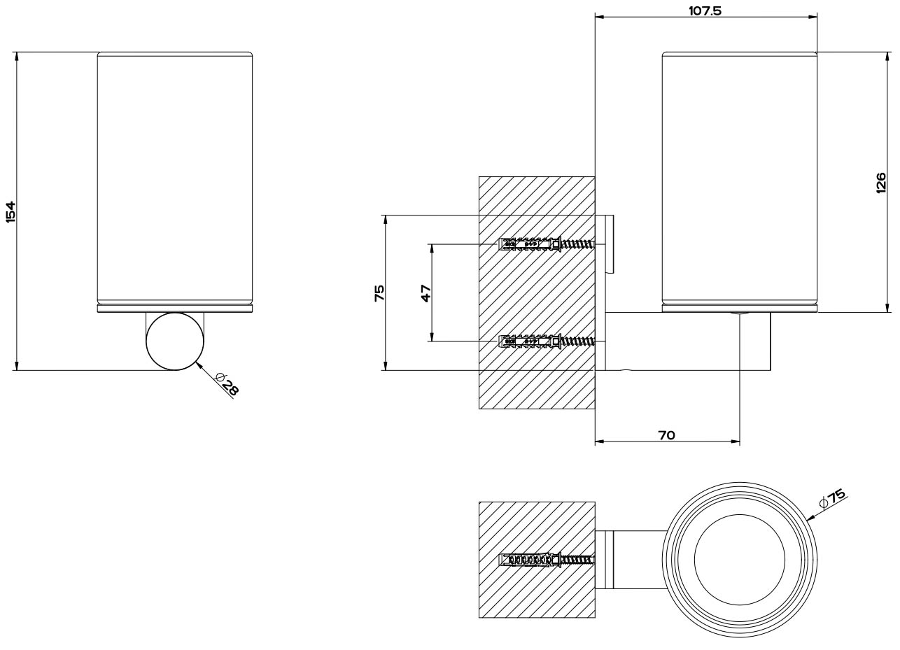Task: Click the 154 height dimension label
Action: tap(10, 211)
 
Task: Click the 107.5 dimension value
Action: tap(705, 10)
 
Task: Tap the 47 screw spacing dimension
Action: tap(425, 292)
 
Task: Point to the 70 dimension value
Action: tap(666, 435)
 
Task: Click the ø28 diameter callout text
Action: tap(227, 385)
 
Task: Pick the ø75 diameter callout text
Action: tap(833, 498)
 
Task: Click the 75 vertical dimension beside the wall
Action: tap(379, 292)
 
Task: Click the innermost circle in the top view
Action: tap(739, 560)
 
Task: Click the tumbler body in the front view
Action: tap(174, 178)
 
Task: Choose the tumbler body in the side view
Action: tap(739, 178)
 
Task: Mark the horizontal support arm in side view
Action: tap(687, 341)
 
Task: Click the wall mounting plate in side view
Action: tap(609, 244)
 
